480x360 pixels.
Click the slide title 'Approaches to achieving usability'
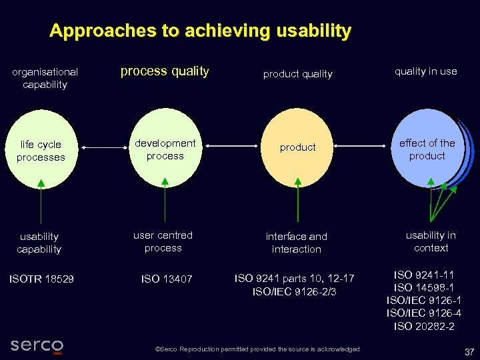(x=200, y=31)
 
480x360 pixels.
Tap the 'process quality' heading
(x=165, y=71)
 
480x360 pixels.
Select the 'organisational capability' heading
(x=45, y=78)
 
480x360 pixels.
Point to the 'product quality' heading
(x=297, y=74)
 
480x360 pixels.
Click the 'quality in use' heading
(x=425, y=71)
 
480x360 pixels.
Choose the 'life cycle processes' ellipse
(x=41, y=151)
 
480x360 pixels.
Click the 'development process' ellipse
(x=165, y=149)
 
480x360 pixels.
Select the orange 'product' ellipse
(x=297, y=147)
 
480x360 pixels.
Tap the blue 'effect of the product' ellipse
(x=427, y=149)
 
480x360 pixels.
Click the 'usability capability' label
(x=39, y=243)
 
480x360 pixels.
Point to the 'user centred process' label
(x=163, y=241)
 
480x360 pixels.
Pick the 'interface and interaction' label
(x=297, y=243)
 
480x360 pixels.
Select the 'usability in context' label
(x=431, y=241)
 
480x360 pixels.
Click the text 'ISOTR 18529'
(x=41, y=279)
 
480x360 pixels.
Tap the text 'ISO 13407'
(x=167, y=279)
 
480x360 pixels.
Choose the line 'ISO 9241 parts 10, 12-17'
(x=295, y=278)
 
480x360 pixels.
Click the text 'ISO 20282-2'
(x=424, y=326)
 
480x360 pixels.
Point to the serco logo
(x=37, y=345)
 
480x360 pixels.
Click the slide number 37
(x=469, y=351)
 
